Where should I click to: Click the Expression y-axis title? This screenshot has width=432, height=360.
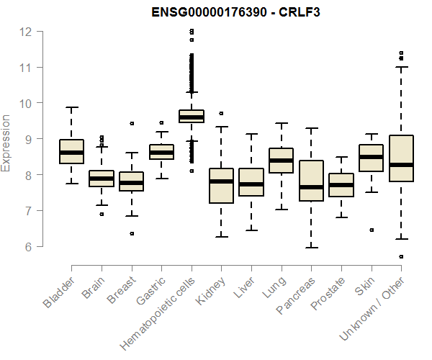(6, 143)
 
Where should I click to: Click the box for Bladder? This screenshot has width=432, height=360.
(71, 151)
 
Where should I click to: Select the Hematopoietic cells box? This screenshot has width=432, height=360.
(191, 117)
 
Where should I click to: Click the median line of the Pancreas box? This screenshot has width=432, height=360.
(310, 187)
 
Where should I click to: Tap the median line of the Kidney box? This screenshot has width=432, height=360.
(221, 181)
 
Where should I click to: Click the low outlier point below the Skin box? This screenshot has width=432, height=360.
(371, 230)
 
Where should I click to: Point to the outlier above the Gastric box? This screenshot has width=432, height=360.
(161, 122)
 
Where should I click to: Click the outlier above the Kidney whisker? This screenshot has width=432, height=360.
(221, 113)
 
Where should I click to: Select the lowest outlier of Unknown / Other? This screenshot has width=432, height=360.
(400, 256)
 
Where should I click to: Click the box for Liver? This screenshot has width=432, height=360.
(251, 182)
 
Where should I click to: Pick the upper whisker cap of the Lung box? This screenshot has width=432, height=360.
(281, 123)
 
